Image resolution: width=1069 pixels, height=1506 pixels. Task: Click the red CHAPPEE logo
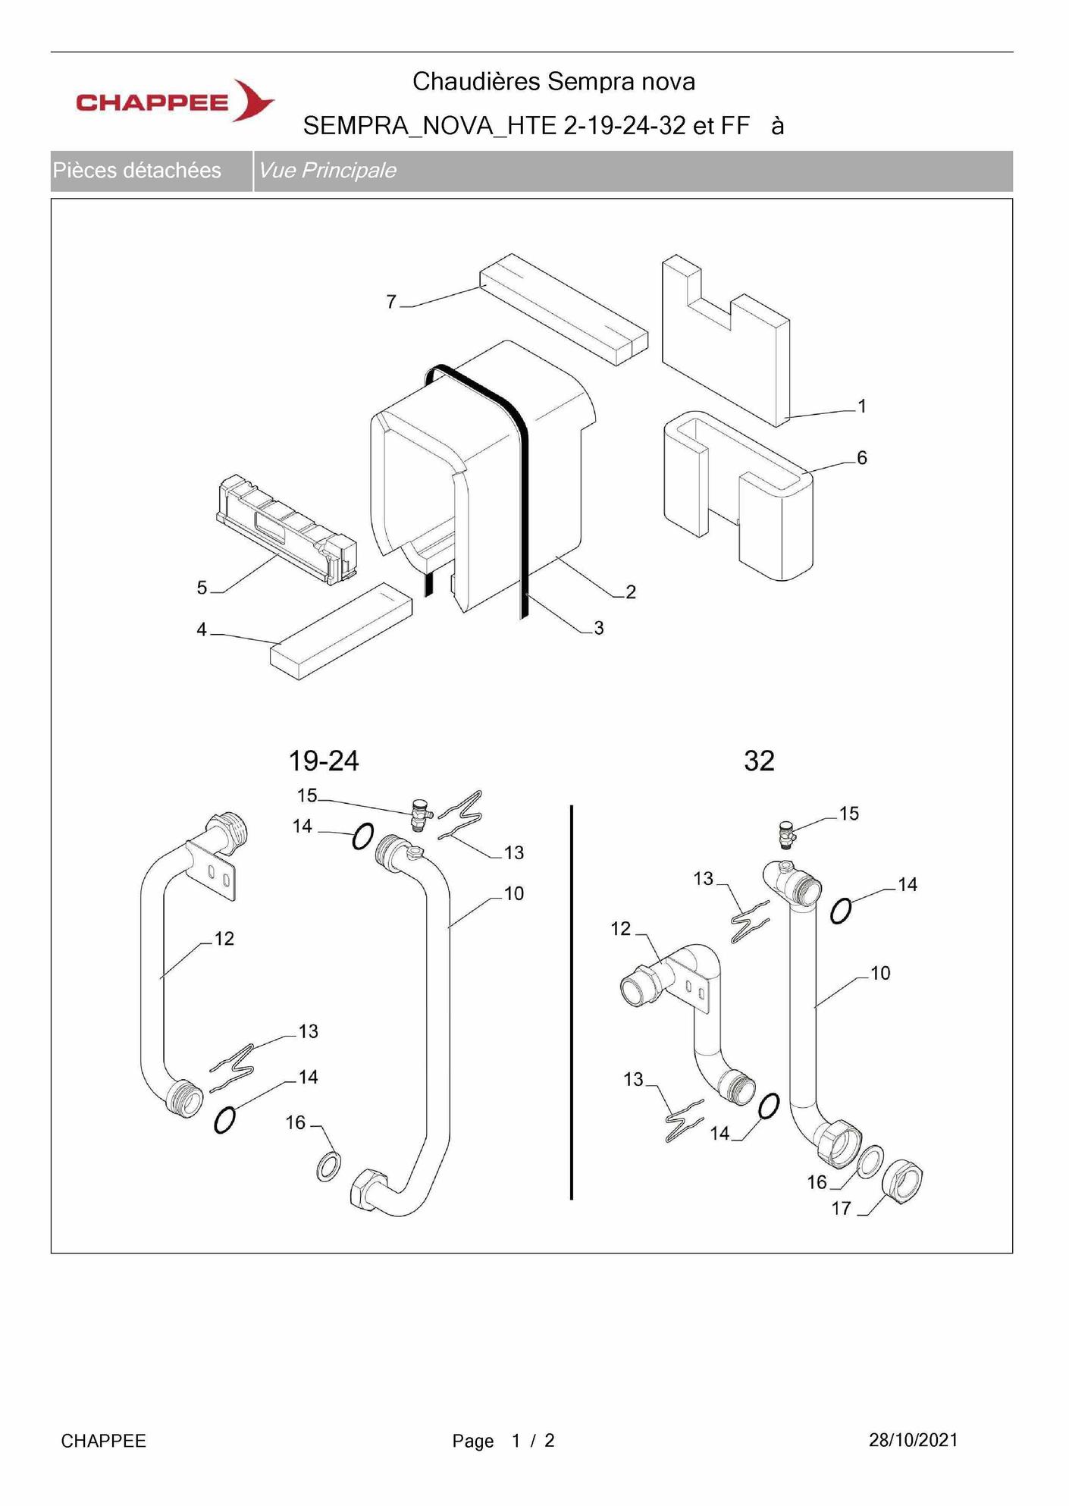pos(175,101)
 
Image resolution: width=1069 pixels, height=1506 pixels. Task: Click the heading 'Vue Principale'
pos(327,170)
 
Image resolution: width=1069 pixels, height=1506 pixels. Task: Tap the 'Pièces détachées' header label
pos(136,170)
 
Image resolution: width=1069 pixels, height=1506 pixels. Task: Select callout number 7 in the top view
pos(391,302)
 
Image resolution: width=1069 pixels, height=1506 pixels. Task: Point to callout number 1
pos(861,406)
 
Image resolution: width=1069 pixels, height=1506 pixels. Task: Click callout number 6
pos(861,457)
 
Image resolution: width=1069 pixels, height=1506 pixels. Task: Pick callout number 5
pos(202,588)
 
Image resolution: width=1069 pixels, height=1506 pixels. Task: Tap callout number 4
pos(202,629)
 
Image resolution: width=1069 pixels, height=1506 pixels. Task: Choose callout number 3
pos(599,628)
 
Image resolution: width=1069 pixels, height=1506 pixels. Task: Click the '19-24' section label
pos(324,761)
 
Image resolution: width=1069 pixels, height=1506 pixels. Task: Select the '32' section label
pos(759,761)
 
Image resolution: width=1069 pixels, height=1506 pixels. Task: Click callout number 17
pos(842,1208)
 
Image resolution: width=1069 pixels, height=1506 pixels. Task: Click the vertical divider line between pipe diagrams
pos(571,1002)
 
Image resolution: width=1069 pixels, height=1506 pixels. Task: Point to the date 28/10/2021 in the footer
pos(913,1440)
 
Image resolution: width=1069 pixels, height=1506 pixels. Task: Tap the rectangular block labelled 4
pos(341,631)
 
